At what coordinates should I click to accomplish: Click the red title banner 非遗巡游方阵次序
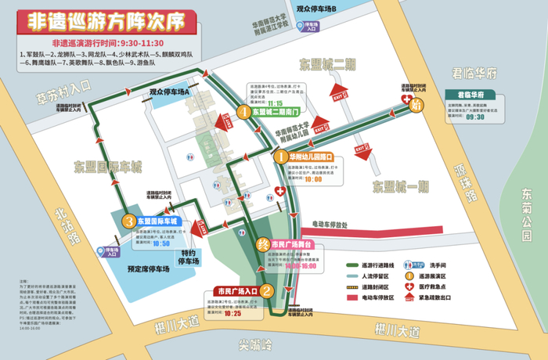tap(106, 18)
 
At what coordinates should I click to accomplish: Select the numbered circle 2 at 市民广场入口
tap(267, 292)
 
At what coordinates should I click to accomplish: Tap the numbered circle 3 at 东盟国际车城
tap(128, 221)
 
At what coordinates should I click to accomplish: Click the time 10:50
tap(161, 243)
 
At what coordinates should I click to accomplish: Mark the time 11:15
tap(275, 103)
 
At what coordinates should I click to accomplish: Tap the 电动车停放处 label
tap(339, 223)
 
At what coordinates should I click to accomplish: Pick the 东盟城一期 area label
tap(401, 186)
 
